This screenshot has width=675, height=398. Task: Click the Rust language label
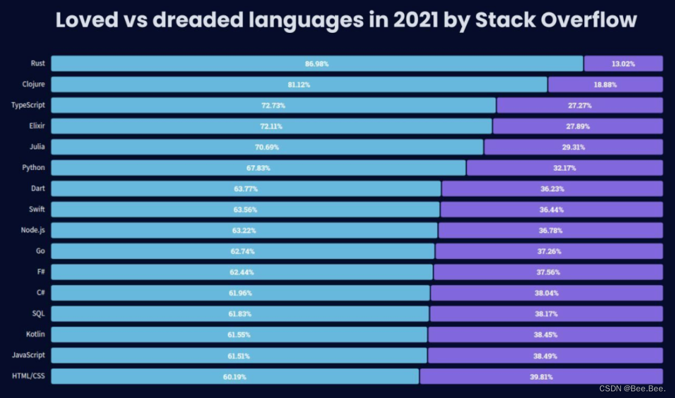[x=38, y=63]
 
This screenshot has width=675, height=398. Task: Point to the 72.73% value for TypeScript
[x=274, y=105]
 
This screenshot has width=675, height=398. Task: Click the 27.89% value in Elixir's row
[x=578, y=126]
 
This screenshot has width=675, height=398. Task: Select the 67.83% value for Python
[x=258, y=168]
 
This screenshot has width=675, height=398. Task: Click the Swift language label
[x=37, y=210]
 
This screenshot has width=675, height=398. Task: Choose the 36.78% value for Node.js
[x=551, y=230]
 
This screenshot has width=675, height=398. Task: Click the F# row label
[x=40, y=272]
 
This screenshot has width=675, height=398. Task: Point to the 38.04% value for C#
[x=546, y=293]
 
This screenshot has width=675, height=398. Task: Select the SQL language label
[x=38, y=314]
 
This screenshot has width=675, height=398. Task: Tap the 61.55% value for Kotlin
[x=239, y=335]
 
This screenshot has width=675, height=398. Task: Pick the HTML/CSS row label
[x=28, y=376]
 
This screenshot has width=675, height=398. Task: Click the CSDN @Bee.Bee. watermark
[x=632, y=388]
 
